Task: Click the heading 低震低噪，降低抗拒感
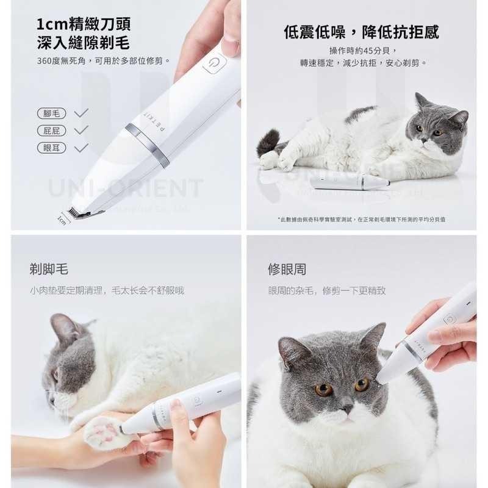click(361, 32)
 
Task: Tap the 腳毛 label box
click(51, 113)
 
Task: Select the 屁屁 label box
click(51, 130)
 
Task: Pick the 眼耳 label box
click(51, 147)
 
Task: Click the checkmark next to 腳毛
click(81, 113)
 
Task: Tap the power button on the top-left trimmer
click(214, 64)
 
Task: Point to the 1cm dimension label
click(62, 219)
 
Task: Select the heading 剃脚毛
click(49, 269)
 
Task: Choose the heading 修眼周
click(287, 269)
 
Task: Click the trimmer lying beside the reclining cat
click(349, 181)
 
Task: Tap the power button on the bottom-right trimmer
click(450, 318)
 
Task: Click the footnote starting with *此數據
click(361, 219)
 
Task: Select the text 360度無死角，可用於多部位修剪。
click(104, 60)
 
